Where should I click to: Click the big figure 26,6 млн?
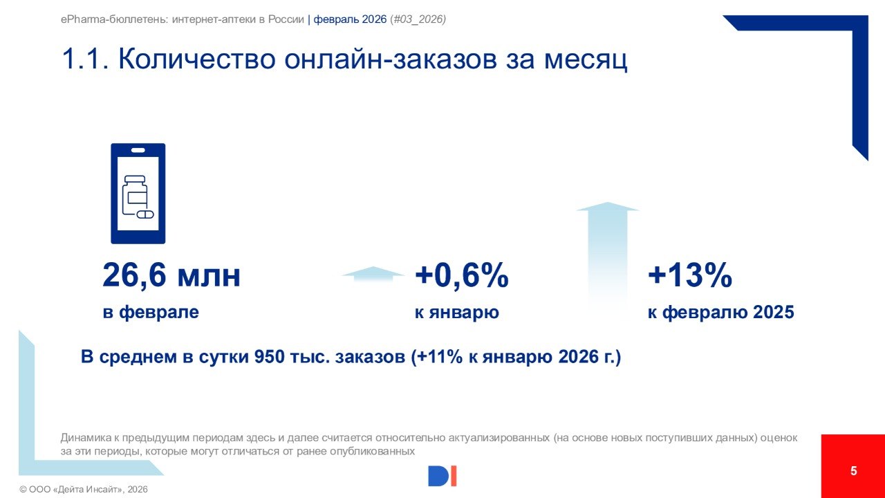[171, 276]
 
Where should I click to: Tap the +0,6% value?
[461, 276]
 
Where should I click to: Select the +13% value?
[689, 276]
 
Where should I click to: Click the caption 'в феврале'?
[151, 312]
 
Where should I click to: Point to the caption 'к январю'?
[457, 312]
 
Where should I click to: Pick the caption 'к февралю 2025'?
[720, 312]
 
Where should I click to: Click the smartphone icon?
[138, 193]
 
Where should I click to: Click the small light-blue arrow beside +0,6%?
[373, 273]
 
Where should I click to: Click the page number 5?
[853, 471]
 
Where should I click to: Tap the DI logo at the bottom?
[442, 476]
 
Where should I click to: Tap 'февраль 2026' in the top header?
[350, 19]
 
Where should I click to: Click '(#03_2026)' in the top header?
[418, 19]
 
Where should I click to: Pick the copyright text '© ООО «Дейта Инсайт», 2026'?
[84, 489]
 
